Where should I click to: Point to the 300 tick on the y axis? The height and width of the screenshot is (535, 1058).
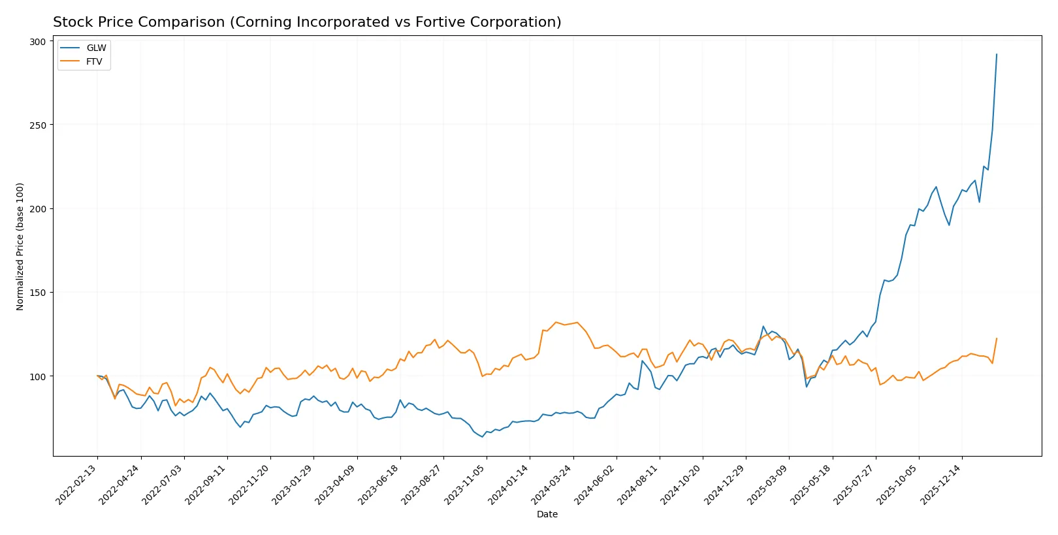coord(38,42)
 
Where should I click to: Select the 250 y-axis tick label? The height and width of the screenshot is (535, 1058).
coord(38,125)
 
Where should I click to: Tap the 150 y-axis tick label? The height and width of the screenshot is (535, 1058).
coord(38,293)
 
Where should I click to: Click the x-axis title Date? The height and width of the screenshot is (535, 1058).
coord(547,515)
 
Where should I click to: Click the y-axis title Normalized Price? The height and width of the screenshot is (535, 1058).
coord(20,246)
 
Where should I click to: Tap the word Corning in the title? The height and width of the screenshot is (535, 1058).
coord(261,22)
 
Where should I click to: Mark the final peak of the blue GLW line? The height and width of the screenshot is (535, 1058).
coord(997,54)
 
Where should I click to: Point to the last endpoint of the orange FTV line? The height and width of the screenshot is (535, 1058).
coord(997,338)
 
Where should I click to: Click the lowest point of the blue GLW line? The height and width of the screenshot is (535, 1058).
coord(483,436)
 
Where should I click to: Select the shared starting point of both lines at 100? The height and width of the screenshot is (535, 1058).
coord(97,376)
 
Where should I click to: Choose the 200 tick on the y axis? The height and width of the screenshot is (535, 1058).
coord(38,209)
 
